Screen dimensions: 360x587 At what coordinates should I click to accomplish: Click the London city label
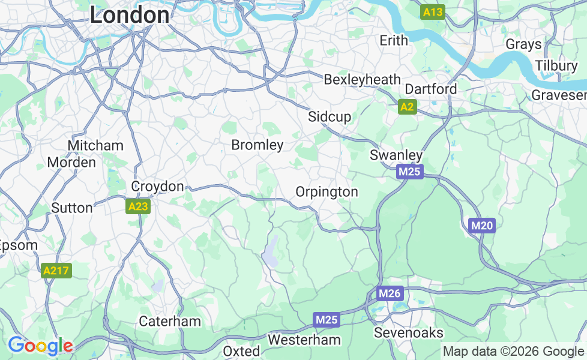[129, 15]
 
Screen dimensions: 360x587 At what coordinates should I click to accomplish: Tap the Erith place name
[394, 40]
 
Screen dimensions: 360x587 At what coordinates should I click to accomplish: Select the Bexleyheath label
[362, 79]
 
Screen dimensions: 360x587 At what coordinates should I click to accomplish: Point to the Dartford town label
[431, 89]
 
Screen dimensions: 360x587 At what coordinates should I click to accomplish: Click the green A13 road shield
[433, 12]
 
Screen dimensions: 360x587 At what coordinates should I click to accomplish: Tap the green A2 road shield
[407, 107]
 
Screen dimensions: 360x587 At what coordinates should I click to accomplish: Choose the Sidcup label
[330, 116]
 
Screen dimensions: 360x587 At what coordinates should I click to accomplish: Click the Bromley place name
[257, 145]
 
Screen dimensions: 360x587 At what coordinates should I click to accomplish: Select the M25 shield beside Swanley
[411, 172]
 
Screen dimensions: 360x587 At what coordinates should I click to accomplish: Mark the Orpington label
[327, 191]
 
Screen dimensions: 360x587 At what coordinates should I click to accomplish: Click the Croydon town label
[157, 187]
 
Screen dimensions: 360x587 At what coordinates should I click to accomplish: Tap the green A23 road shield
[138, 206]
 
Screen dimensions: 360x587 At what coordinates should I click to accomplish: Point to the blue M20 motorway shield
[481, 226]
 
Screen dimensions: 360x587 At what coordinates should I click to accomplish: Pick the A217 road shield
[57, 271]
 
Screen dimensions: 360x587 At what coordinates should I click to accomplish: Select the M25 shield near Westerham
[327, 320]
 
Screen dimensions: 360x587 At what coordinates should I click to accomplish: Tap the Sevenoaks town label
[409, 332]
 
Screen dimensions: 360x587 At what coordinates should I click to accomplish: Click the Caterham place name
[170, 321]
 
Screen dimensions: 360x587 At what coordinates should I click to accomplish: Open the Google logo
[40, 346]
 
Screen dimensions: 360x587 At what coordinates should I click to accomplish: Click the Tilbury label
[556, 65]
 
